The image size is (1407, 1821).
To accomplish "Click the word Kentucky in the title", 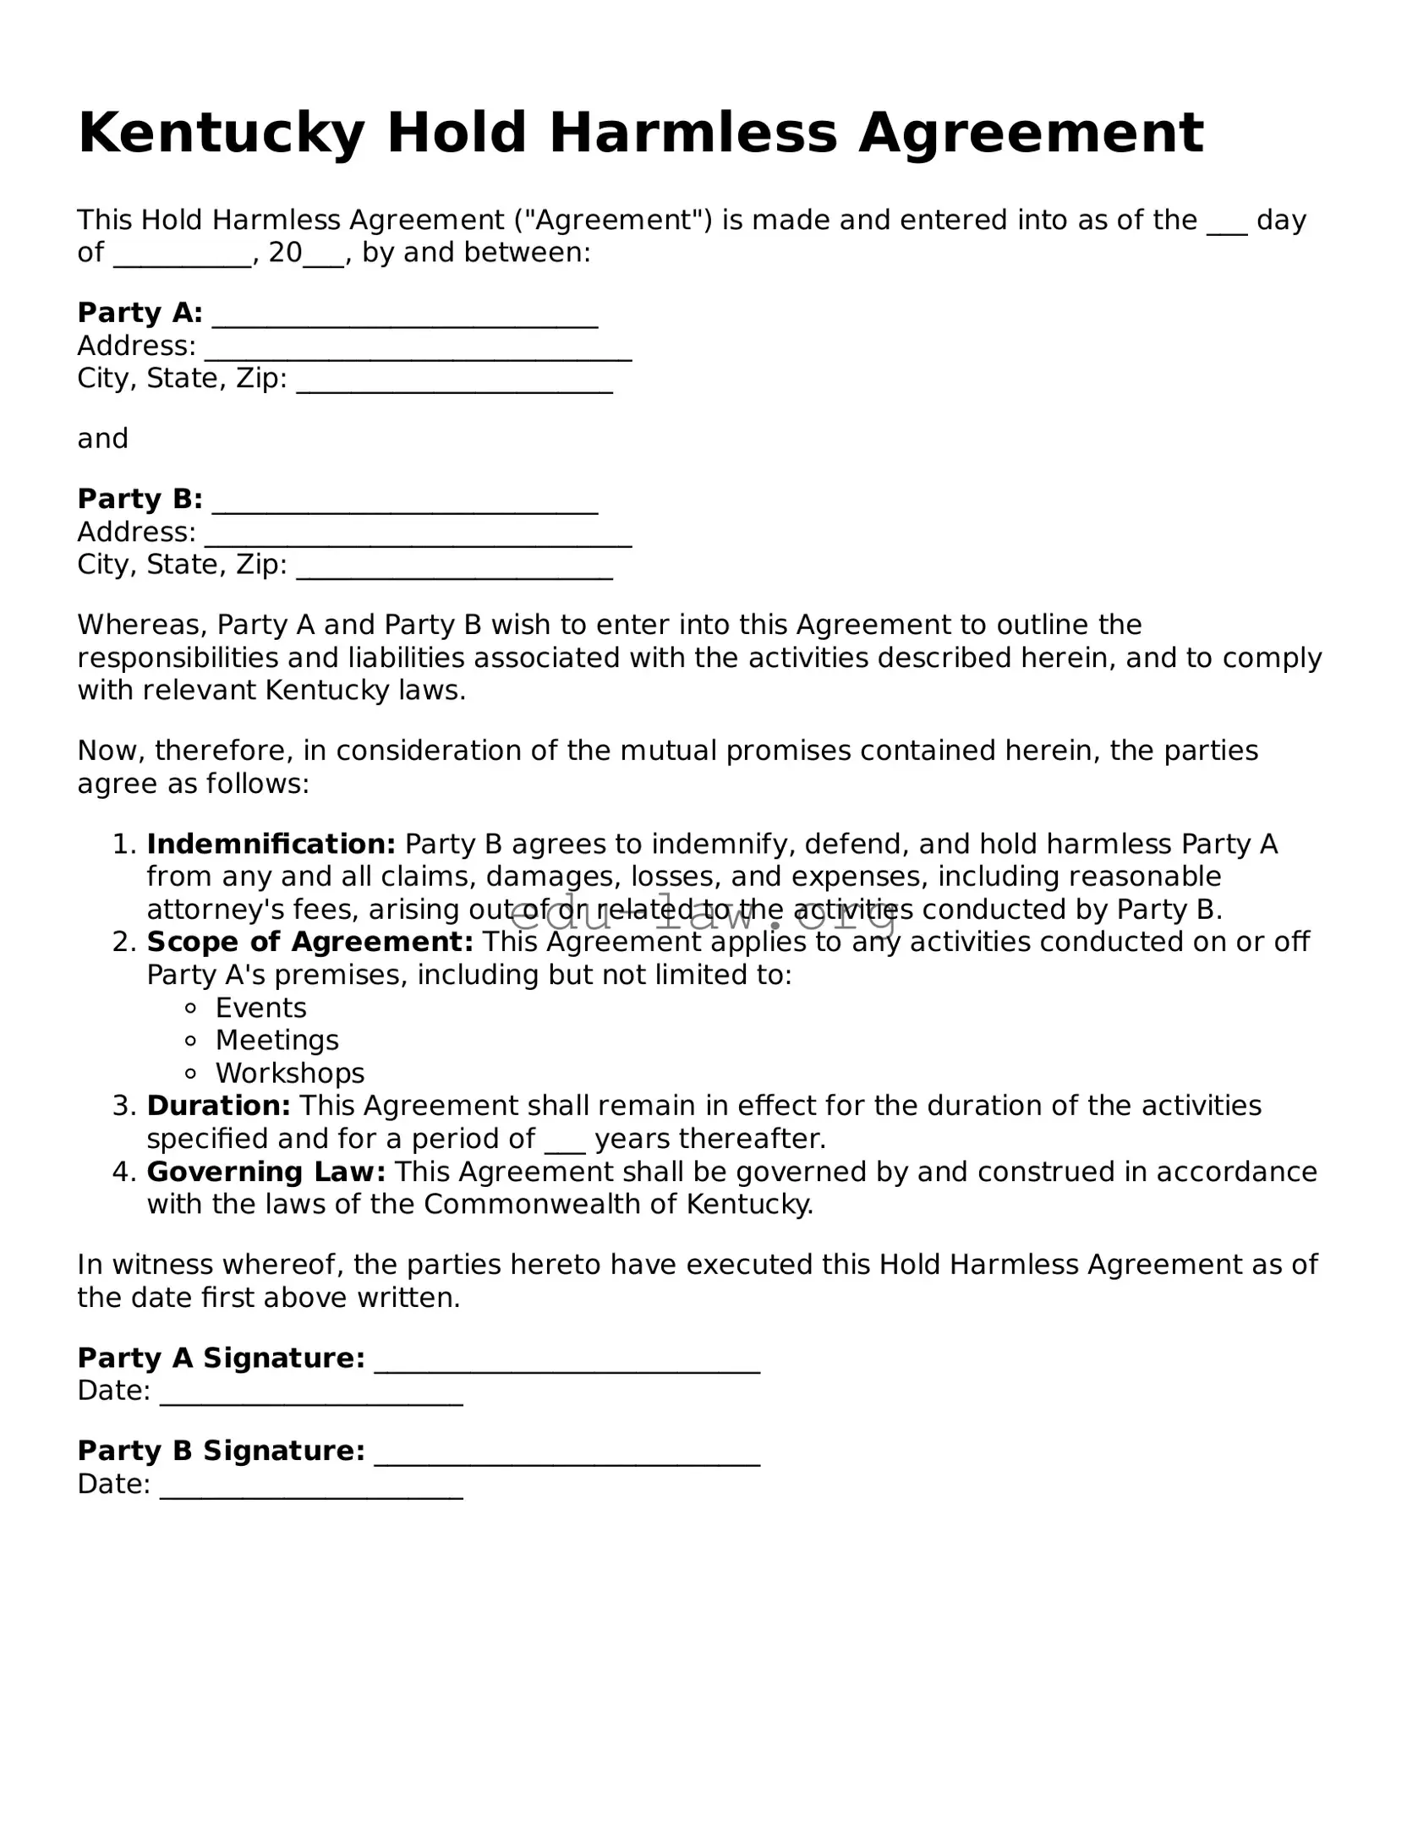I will point(222,134).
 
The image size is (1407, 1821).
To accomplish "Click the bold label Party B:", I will point(140,499).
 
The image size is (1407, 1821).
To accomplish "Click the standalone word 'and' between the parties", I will point(102,439).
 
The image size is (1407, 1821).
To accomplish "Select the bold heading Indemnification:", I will point(271,844).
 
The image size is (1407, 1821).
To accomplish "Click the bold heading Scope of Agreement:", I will point(309,942).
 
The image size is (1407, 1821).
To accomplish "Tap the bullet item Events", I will point(260,1008).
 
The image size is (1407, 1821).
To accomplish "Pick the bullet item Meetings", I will point(276,1040).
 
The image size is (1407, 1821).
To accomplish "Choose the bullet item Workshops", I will point(289,1073).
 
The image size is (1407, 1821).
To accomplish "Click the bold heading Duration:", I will point(218,1106).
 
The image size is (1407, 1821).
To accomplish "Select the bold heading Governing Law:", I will point(266,1172).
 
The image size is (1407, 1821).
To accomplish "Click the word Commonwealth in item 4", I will point(532,1204).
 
